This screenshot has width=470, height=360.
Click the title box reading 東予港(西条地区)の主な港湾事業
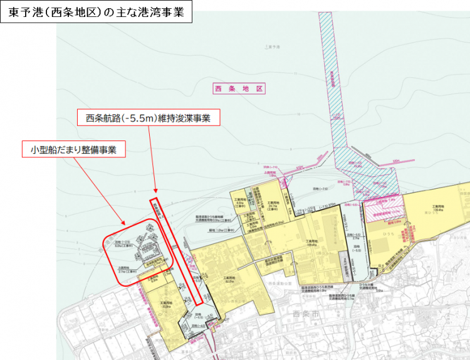click(96, 13)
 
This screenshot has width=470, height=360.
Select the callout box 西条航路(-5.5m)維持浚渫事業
click(148, 117)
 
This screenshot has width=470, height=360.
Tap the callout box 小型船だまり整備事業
click(74, 149)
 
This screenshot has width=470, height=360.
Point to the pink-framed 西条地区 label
click(239, 90)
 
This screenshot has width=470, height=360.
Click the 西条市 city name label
click(306, 312)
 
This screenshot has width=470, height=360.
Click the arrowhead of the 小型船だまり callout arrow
click(125, 225)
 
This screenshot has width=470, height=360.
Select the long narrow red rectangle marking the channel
click(177, 251)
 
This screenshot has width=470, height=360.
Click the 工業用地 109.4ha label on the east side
click(438, 209)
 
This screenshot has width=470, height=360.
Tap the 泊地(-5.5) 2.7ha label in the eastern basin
click(355, 237)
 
